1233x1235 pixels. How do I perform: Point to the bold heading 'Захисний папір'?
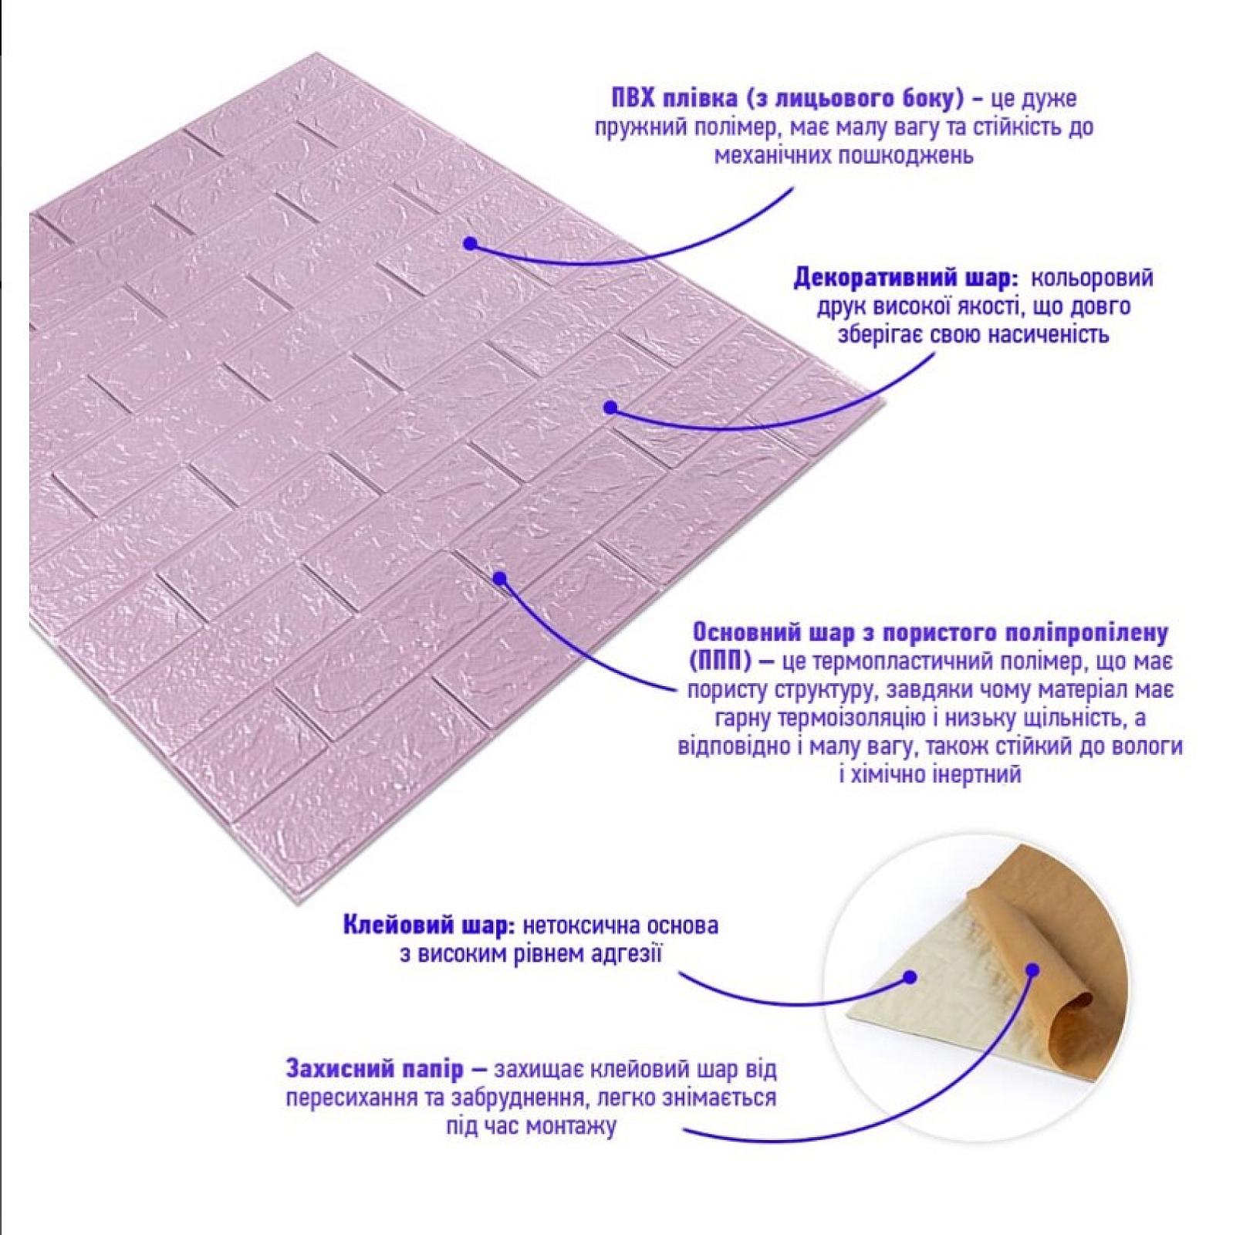click(375, 1069)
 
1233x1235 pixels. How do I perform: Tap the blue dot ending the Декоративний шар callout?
click(610, 406)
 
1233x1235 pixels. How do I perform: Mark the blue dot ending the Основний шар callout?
click(500, 577)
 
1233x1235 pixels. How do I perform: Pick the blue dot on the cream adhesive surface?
click(910, 977)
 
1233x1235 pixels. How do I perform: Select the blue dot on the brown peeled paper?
click(1034, 970)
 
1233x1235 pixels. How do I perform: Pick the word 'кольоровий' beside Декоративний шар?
click(1093, 278)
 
